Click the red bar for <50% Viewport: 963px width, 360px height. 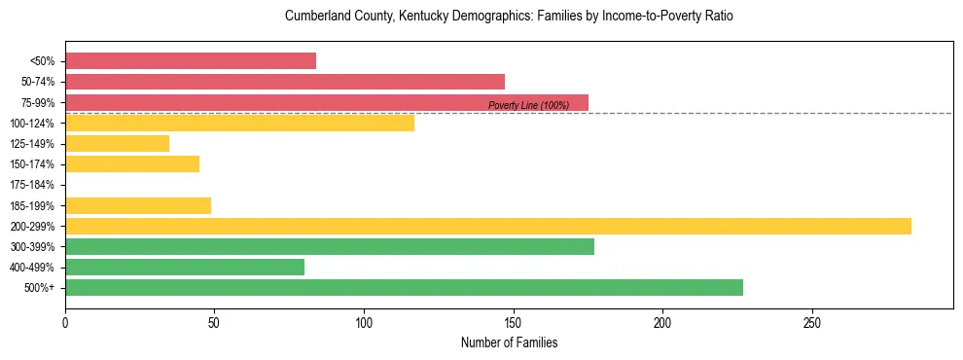(191, 61)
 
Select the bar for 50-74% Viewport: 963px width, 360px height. (285, 82)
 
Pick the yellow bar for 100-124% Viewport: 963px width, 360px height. (239, 123)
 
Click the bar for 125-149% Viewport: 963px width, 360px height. (117, 144)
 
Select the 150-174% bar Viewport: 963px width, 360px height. (132, 164)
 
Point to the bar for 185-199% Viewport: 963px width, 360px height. (138, 205)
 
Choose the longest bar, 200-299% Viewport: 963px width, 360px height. (488, 226)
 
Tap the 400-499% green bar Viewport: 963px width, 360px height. (185, 268)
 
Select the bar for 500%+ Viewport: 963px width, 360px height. (404, 288)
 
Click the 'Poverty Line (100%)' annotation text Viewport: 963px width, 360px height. (528, 105)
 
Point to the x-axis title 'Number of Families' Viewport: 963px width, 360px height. (509, 342)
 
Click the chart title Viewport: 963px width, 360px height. (509, 17)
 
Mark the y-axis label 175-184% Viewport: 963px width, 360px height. (36, 185)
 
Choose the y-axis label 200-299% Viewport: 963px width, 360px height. (36, 227)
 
